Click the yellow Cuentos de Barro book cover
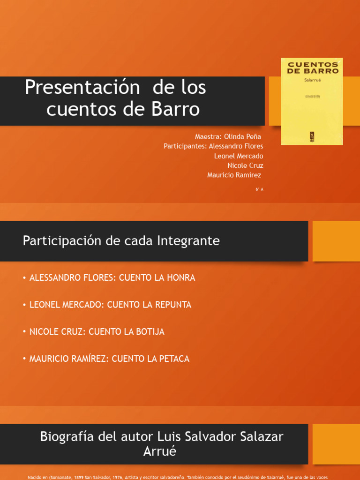[x=312, y=101]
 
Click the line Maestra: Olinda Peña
[x=228, y=136]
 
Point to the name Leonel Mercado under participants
[x=239, y=156]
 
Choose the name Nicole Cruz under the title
[x=245, y=165]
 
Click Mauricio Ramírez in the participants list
[x=234, y=175]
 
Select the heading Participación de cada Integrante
[x=121, y=241]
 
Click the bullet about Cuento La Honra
[x=112, y=277]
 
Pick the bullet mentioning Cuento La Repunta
[x=110, y=305]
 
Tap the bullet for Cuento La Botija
[x=97, y=332]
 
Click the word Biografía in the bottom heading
[x=68, y=436]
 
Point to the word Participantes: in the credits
[x=185, y=146]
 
